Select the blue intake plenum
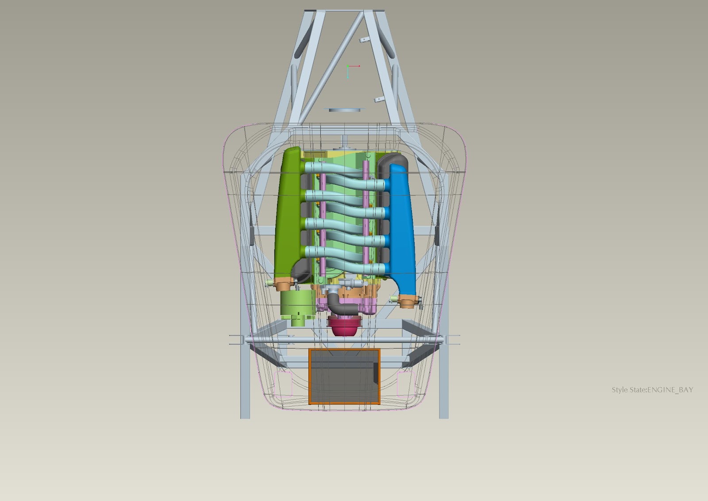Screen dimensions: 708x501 coord(402,228)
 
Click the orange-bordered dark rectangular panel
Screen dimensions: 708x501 coord(345,377)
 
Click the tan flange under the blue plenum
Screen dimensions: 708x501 coord(408,301)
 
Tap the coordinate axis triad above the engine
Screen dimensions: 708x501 coord(351,71)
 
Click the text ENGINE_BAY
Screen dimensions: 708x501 coord(670,390)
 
